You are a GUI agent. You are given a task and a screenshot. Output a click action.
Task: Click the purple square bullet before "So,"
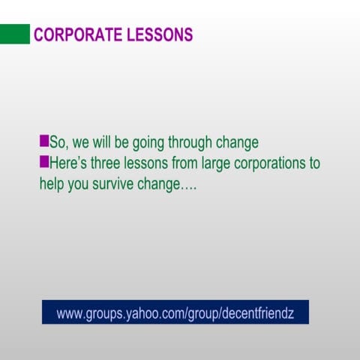(x=43, y=140)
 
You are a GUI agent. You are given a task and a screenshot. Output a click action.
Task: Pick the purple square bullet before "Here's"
(x=43, y=160)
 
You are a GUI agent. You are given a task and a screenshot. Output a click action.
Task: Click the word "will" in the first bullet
(x=103, y=142)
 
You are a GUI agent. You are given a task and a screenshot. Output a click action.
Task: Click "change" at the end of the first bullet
(x=239, y=142)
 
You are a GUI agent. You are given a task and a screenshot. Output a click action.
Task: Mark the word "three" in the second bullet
(x=112, y=162)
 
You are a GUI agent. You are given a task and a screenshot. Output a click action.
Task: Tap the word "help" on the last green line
(x=52, y=183)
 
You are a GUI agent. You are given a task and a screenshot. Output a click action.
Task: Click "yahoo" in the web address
(x=139, y=313)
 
